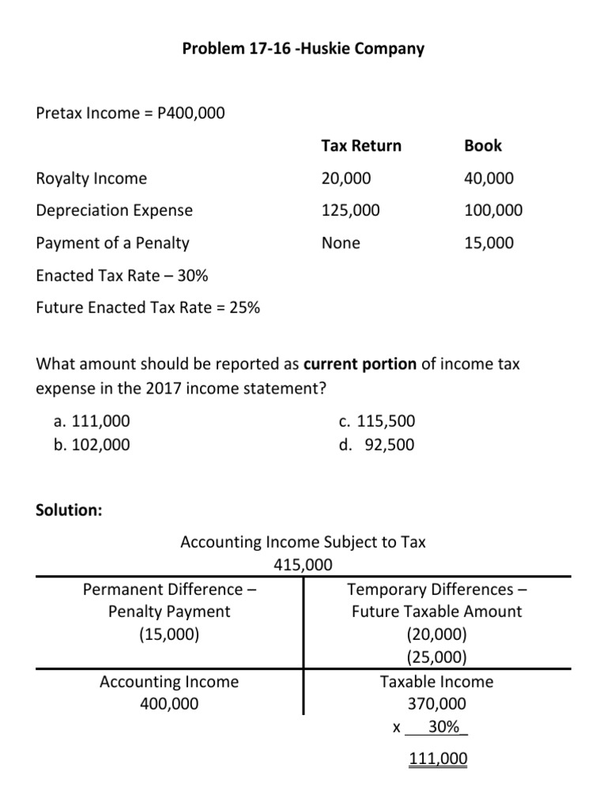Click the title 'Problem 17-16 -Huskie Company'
(x=303, y=49)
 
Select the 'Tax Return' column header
(x=360, y=145)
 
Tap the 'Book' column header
(x=482, y=145)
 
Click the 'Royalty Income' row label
(x=92, y=179)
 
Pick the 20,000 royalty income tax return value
(x=345, y=179)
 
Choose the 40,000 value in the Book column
(x=488, y=179)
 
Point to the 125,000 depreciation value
(x=350, y=211)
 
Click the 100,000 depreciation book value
(x=493, y=211)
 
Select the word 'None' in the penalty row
(x=341, y=243)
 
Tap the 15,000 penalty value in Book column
(x=488, y=243)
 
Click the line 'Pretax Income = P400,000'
(x=130, y=113)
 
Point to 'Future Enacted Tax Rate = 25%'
(x=148, y=308)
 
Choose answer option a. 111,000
(x=92, y=422)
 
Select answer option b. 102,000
(x=92, y=445)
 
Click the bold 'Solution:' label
(x=70, y=510)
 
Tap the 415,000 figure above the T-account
(x=303, y=565)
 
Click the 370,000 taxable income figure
(x=436, y=704)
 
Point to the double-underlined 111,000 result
(x=437, y=759)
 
